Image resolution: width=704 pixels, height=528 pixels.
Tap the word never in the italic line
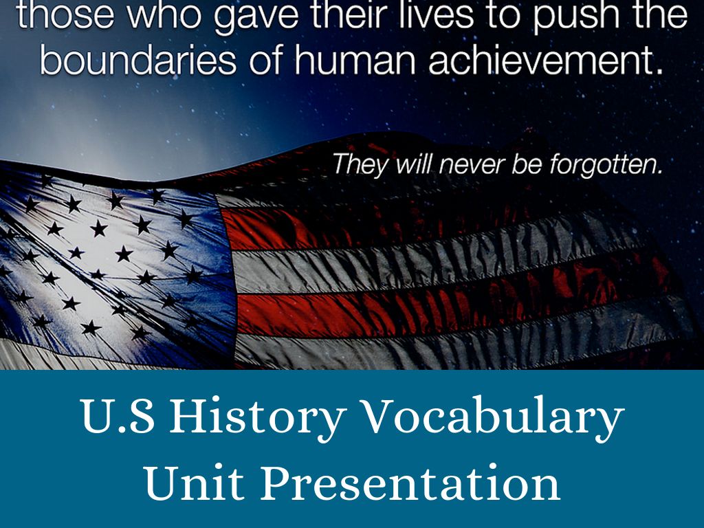(x=463, y=165)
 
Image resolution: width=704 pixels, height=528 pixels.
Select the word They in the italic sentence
(x=357, y=165)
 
